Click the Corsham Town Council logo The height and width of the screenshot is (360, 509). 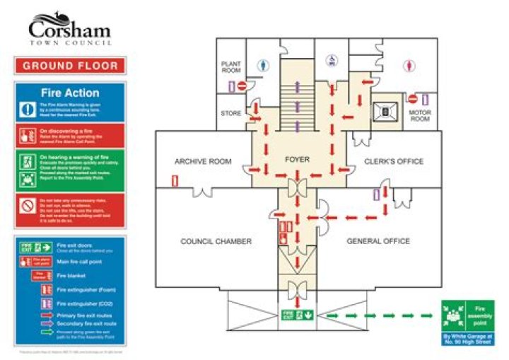coord(69,30)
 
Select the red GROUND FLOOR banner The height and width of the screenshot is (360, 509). coord(69,66)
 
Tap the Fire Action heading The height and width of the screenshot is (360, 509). coord(69,93)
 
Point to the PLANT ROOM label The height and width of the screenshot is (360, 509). coord(231,67)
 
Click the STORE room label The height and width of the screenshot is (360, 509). coord(231,112)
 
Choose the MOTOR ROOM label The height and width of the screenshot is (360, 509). coord(420,115)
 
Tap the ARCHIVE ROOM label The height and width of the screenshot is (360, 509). coord(203,162)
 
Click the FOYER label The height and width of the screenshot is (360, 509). coord(298,160)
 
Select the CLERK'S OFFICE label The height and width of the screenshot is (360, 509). coord(394,161)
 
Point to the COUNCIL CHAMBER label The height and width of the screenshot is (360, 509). coord(216,241)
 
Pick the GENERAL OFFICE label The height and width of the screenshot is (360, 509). coord(378,241)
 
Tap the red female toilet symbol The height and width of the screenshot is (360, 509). coord(409,64)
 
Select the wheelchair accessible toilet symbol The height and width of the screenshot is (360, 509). coord(330,62)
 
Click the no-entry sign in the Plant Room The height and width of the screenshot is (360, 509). coord(242,86)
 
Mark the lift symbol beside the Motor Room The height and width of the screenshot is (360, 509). coord(385,110)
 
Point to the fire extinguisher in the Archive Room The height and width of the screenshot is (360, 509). coord(175,182)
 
